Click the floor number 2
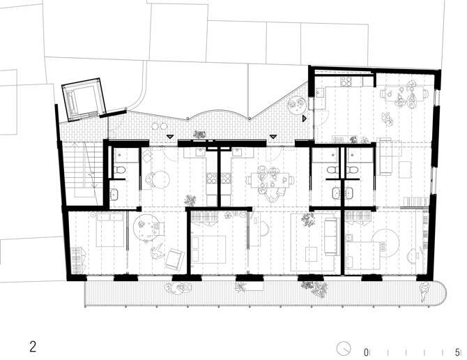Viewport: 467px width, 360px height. pos(33,347)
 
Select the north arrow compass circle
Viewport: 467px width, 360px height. pos(344,348)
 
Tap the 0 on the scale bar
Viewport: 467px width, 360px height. pos(366,352)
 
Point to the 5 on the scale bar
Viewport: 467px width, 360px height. pos(457,352)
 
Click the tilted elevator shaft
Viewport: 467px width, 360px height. pos(84,100)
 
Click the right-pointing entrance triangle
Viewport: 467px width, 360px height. pos(304,119)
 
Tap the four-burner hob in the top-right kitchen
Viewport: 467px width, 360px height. pos(347,82)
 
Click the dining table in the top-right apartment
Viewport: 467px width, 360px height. pos(404,93)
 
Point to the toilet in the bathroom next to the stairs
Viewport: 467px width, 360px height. pos(120,170)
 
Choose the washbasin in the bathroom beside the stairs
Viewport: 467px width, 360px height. pos(114,195)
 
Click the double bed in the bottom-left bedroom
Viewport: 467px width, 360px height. pos(110,229)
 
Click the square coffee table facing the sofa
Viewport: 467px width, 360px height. pos(312,254)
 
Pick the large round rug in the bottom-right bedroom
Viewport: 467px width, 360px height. pos(385,243)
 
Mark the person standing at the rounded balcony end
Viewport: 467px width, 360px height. pos(424,292)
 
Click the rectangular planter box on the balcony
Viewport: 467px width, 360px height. pos(250,286)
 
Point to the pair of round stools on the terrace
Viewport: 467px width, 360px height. pos(160,126)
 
